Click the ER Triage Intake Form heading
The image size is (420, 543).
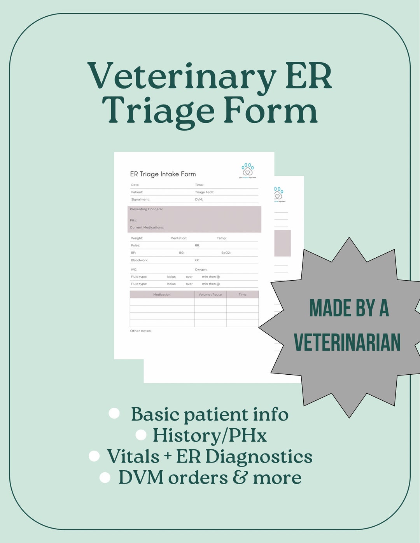click(x=163, y=174)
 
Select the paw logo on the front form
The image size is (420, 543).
click(x=247, y=170)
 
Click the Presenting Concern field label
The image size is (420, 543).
click(x=146, y=209)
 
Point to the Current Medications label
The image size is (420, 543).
click(x=147, y=227)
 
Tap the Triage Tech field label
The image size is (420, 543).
click(x=205, y=192)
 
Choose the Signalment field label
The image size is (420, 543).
click(x=140, y=199)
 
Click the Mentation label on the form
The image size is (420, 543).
click(x=179, y=238)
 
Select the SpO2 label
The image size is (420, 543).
click(x=226, y=253)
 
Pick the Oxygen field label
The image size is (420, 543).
click(x=201, y=269)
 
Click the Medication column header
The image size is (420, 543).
click(x=162, y=295)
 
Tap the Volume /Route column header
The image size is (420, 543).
click(x=210, y=295)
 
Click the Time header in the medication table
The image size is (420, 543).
click(x=243, y=295)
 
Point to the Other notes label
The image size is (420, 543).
click(x=141, y=331)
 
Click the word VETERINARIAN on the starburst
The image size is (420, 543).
click(x=347, y=342)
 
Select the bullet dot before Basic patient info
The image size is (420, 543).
click(x=114, y=413)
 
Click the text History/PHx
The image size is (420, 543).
click(x=210, y=435)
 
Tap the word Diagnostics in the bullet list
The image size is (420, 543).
click(x=259, y=457)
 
